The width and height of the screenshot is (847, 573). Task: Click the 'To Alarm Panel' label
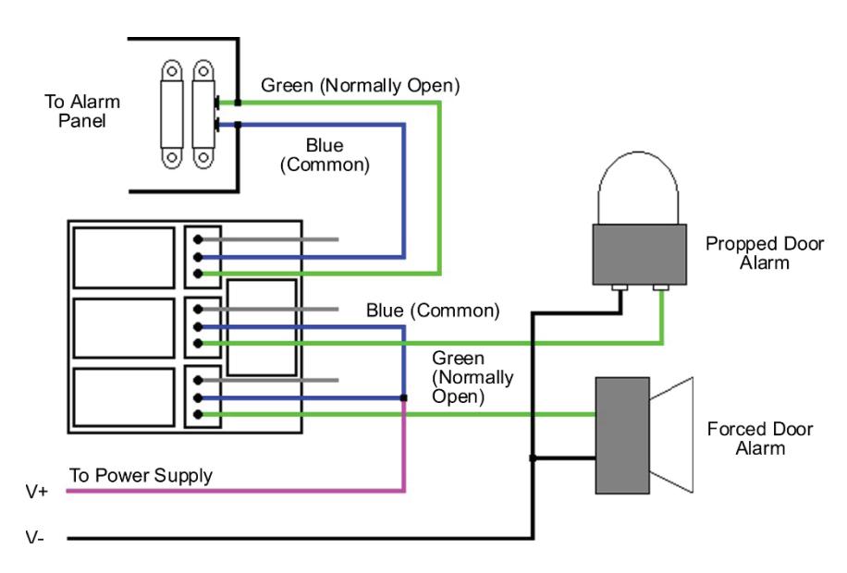pos(82,111)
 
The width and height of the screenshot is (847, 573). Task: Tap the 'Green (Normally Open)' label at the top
pos(361,85)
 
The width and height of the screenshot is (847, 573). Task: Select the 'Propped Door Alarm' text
pos(765,252)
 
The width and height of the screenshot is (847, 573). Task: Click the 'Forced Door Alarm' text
pos(760,438)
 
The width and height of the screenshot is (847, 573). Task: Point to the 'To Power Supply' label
pos(141,475)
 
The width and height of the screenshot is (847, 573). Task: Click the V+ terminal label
pos(37,492)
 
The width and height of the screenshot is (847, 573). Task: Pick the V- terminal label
pos(35,538)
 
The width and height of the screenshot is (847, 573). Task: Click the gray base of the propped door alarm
pos(640,254)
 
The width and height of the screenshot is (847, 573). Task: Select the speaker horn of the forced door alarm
pos(671,434)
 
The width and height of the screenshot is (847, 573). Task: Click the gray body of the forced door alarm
pos(622,435)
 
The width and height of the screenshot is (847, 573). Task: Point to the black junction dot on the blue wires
pos(403,398)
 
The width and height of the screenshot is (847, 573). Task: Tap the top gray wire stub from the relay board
pos(268,239)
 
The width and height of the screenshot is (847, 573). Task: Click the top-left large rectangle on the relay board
pos(124,258)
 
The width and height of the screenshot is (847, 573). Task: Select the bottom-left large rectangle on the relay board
pos(124,397)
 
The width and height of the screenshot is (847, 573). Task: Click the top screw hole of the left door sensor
pos(172,71)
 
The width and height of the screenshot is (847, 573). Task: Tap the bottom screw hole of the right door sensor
pos(203,158)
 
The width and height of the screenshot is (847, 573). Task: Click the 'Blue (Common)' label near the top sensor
pos(325,154)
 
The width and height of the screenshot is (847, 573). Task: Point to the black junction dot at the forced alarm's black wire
pos(533,458)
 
